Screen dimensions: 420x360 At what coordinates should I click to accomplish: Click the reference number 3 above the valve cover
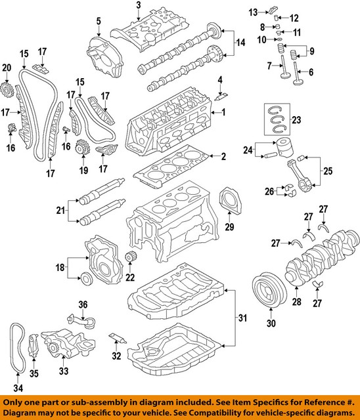tap(139, 6)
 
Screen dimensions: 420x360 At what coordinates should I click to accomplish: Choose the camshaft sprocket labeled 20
tap(8, 87)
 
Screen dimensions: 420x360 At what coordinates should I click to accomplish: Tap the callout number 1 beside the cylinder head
tap(223, 113)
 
